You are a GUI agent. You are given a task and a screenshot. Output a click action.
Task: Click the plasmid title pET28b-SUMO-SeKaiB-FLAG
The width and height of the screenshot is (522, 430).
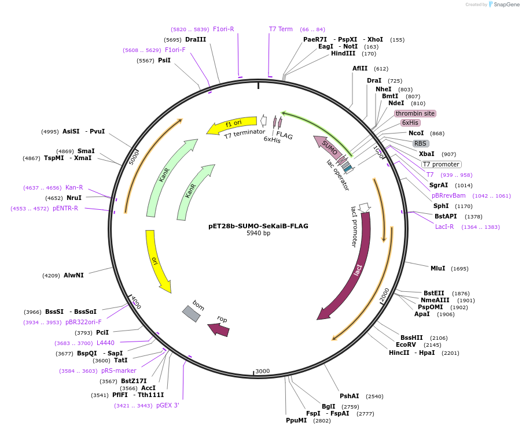[x=258, y=226]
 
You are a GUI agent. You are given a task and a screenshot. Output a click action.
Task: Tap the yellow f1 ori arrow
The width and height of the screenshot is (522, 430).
[x=234, y=124]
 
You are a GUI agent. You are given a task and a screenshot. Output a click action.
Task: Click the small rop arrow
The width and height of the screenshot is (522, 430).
[x=219, y=329]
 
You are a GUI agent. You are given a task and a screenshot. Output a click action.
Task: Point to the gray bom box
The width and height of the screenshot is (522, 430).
[x=192, y=313]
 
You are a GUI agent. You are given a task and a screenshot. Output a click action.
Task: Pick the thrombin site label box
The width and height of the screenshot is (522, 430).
[x=415, y=113]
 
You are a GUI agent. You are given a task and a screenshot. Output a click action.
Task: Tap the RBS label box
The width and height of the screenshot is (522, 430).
[x=421, y=143]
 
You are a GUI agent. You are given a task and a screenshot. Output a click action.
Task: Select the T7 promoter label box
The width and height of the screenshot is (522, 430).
[x=442, y=164]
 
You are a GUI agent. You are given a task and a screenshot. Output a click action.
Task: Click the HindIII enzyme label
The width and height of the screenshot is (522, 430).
[x=343, y=54]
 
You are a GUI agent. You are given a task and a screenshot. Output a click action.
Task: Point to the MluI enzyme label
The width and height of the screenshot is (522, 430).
[x=438, y=268]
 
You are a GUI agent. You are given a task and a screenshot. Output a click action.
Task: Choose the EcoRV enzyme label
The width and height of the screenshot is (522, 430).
[x=406, y=345]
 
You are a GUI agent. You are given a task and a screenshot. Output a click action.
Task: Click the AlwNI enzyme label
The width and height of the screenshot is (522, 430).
[x=73, y=275]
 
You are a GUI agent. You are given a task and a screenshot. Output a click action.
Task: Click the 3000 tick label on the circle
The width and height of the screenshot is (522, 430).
[x=263, y=370]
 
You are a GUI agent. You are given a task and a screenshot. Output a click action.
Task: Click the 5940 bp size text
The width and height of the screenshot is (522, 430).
[x=258, y=233]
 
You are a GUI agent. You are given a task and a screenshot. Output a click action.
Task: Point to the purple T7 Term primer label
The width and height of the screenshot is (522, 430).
[x=281, y=29]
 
